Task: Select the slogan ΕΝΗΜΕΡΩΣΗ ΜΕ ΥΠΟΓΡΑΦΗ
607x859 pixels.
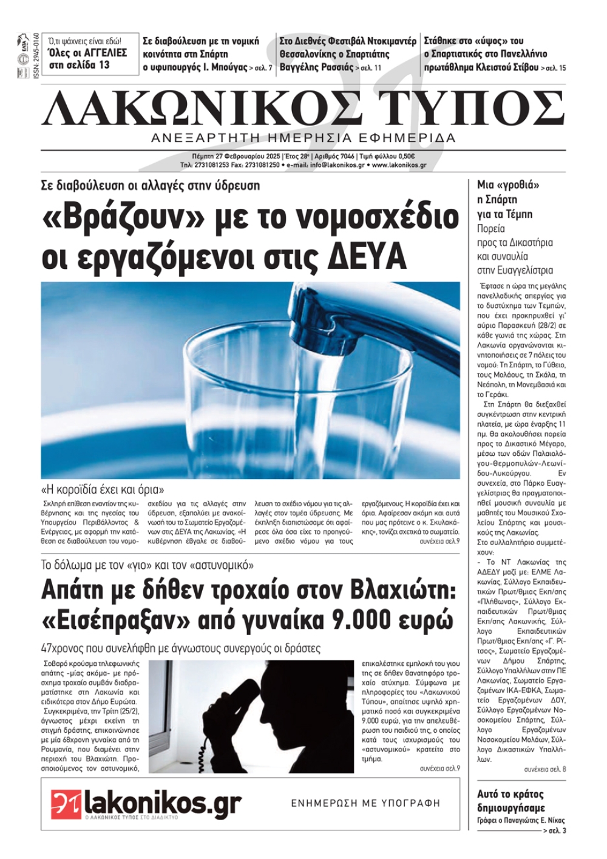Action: tap(365, 803)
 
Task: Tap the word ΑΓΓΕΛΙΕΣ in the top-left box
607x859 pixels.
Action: tap(105, 53)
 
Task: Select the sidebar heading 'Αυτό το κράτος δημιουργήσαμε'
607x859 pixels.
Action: tap(510, 801)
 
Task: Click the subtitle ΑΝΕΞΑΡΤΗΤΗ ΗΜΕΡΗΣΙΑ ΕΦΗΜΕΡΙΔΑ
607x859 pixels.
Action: tap(303, 138)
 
